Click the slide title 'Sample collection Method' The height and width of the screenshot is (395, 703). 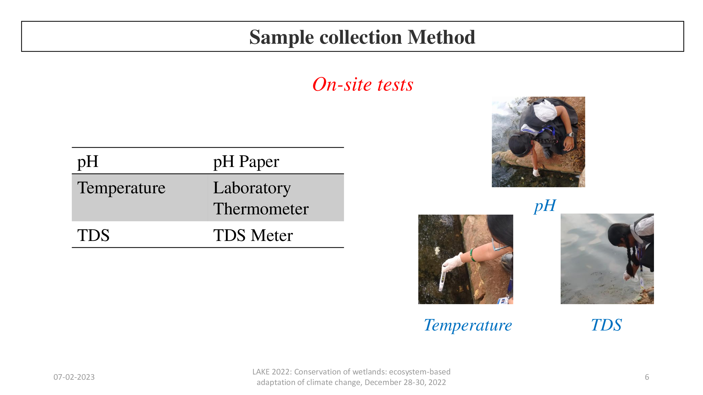click(x=362, y=37)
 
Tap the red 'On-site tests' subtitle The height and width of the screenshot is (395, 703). click(x=363, y=84)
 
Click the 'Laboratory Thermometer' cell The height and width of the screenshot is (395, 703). click(x=261, y=198)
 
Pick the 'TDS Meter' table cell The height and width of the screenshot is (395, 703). click(x=253, y=235)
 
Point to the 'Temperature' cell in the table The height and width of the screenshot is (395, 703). click(x=121, y=188)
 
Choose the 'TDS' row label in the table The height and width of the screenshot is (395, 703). click(x=93, y=235)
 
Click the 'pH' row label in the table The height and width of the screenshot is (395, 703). click(x=88, y=161)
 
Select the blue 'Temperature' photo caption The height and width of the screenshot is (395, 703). click(x=468, y=325)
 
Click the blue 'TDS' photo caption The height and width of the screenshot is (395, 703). click(x=606, y=325)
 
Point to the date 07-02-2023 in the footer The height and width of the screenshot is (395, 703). click(x=74, y=377)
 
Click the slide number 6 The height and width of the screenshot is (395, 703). click(x=647, y=377)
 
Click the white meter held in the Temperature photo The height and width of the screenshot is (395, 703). click(x=442, y=281)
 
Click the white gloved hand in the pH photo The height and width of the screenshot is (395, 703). click(x=536, y=172)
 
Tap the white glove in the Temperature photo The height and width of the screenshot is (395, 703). click(x=453, y=262)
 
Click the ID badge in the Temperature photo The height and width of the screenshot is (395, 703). click(x=502, y=300)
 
